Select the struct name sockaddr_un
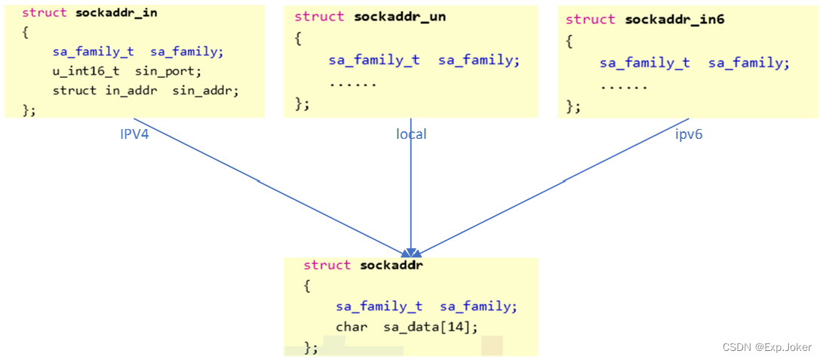click(x=400, y=17)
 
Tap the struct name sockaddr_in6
click(x=674, y=20)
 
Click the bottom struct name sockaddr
click(x=392, y=265)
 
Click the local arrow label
click(x=411, y=134)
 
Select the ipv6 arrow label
click(x=689, y=134)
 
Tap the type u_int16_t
click(x=85, y=72)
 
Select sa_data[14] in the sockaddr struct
click(x=431, y=327)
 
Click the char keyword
click(x=352, y=327)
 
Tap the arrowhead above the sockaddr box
click(x=410, y=252)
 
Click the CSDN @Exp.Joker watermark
click(x=766, y=347)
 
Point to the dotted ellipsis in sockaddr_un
click(x=352, y=82)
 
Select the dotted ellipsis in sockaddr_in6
click(x=624, y=85)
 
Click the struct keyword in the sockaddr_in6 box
click(x=591, y=20)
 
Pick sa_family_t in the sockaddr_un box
click(x=374, y=60)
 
